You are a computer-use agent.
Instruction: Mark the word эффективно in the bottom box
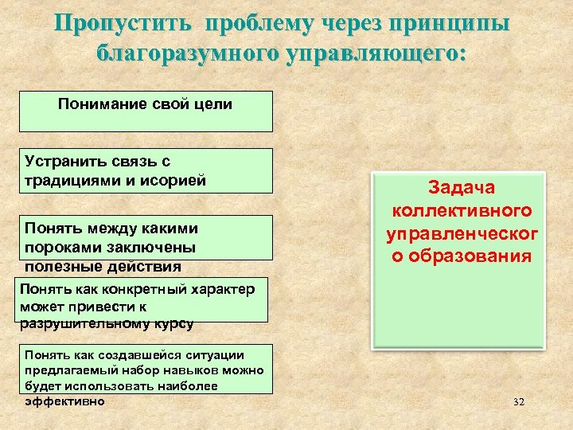point(64,401)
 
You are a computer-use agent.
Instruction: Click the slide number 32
point(519,402)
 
